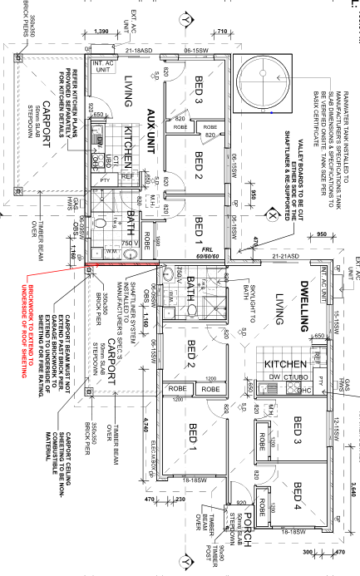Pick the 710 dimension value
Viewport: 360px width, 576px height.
tap(222, 31)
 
